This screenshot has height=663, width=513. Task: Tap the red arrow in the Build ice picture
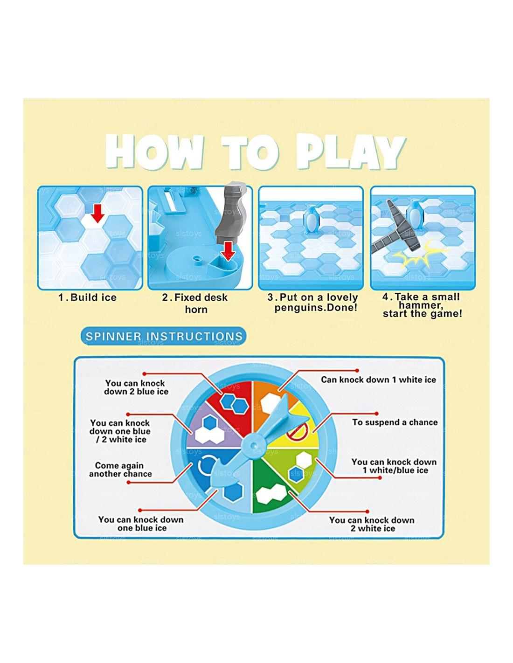tap(97, 213)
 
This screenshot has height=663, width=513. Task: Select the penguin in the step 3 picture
tap(312, 220)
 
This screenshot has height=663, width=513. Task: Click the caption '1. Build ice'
tap(87, 297)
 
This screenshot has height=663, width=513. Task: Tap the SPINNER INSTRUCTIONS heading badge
tap(164, 336)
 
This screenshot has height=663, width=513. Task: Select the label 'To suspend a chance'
tap(395, 422)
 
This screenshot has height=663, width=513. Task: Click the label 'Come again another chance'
tap(120, 470)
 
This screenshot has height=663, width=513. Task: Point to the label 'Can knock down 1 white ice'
tap(378, 380)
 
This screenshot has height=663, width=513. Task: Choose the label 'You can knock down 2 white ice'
tap(372, 524)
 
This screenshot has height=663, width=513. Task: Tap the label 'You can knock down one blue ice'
tap(141, 524)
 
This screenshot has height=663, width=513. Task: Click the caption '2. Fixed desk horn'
tap(195, 303)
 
